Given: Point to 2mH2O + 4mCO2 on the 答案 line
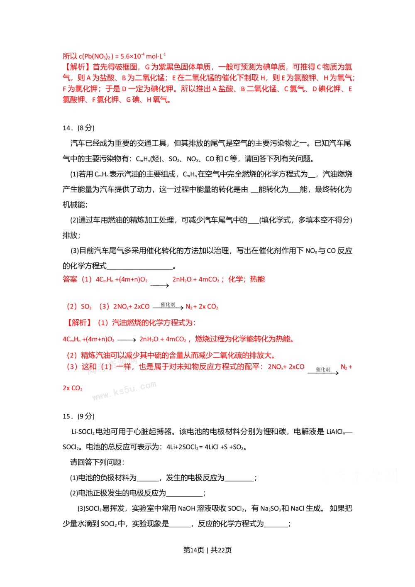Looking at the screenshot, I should pyautogui.click(x=198, y=280).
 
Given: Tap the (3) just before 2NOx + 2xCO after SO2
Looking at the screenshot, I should pyautogui.click(x=105, y=307).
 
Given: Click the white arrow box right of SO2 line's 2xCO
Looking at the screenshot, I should pyautogui.click(x=168, y=307).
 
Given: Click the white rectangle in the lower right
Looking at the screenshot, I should pyautogui.click(x=356, y=478).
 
